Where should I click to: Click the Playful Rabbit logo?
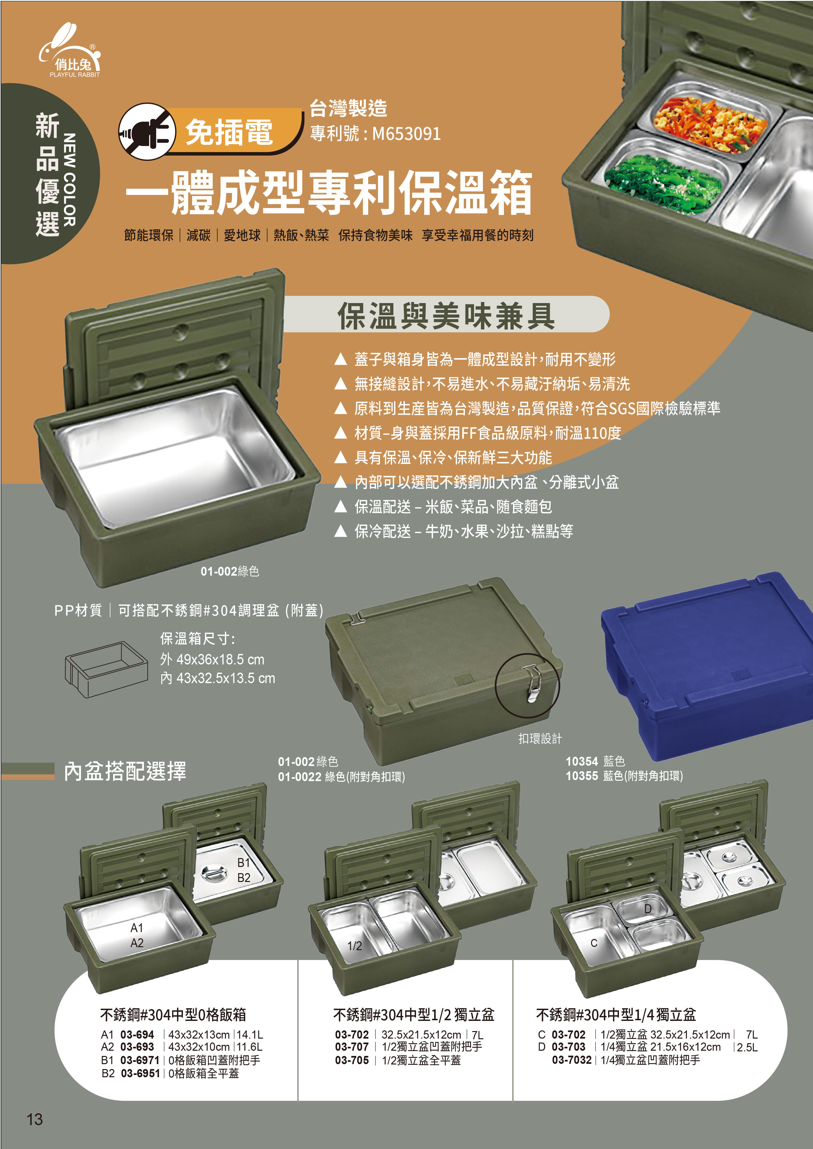tap(70, 50)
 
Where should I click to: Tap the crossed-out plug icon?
tap(147, 132)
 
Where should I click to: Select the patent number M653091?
tap(406, 134)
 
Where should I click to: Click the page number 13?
tap(34, 1119)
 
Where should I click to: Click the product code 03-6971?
tap(140, 1060)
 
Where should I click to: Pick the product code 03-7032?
tap(572, 1060)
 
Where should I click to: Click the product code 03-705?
tap(352, 1060)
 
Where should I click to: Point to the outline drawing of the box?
tap(106, 670)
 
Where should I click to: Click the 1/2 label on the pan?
tap(354, 945)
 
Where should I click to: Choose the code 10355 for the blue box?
tap(582, 776)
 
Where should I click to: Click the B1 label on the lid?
tap(243, 862)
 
